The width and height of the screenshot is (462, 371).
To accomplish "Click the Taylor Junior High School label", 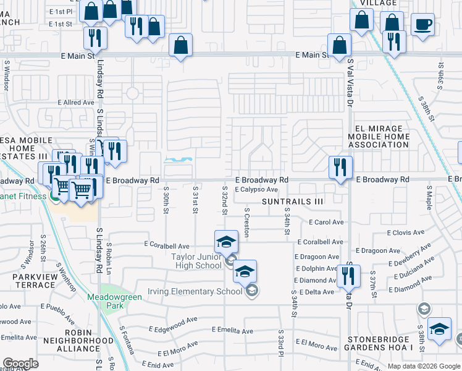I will click(x=196, y=261).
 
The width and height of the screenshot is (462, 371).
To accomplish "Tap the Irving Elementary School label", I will click(x=195, y=291).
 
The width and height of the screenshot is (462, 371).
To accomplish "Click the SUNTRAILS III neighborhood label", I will click(x=292, y=202).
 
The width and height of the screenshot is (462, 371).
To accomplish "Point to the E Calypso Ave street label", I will click(x=256, y=190).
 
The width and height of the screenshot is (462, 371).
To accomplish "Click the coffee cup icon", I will click(x=422, y=25).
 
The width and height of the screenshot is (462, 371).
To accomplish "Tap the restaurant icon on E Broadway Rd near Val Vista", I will click(x=340, y=167).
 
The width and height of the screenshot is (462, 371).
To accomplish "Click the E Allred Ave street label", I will click(x=76, y=103).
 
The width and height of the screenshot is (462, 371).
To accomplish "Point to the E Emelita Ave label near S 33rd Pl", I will click(x=232, y=331).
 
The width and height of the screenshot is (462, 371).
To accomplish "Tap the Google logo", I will click(x=20, y=364).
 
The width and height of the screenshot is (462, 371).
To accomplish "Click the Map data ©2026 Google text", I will click(x=424, y=366).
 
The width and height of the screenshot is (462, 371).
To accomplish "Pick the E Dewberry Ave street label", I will click(x=409, y=255).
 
